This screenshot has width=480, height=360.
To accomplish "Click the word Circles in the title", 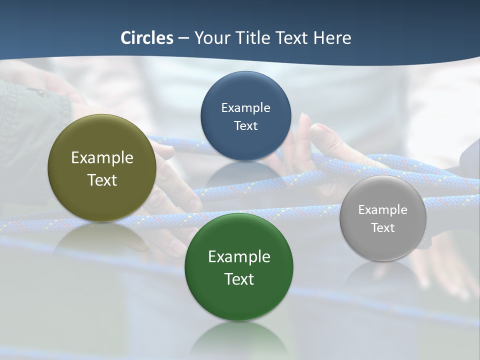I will [146, 38].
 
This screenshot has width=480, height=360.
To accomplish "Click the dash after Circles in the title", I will [183, 38].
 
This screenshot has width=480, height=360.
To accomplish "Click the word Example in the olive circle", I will [102, 158].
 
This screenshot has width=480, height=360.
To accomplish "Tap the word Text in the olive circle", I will [102, 180].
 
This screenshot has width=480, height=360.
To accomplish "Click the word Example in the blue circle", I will [245, 108].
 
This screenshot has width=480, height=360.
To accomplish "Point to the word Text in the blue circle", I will [245, 126].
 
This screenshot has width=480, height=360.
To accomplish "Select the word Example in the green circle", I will [239, 257].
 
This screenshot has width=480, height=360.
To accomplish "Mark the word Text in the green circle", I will [239, 279].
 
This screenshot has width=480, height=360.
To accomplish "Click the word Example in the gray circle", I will [383, 210].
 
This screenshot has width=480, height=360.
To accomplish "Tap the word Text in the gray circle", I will [383, 228].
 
